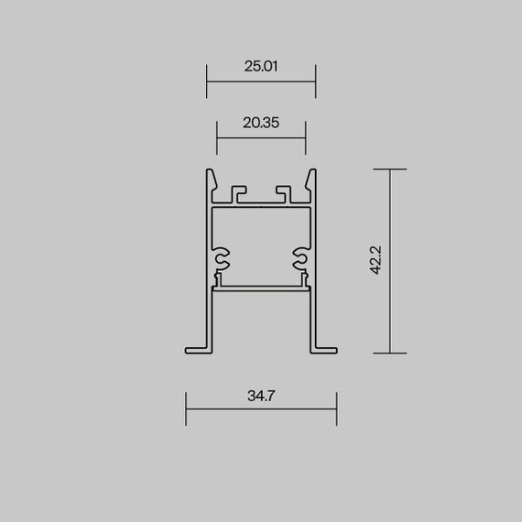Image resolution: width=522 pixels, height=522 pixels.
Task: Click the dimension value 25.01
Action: (x=261, y=66)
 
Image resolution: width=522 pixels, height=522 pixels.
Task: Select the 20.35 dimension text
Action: (x=261, y=122)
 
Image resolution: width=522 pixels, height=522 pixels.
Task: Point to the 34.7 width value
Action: (x=261, y=397)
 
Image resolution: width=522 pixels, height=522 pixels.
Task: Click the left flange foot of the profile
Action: (x=197, y=349)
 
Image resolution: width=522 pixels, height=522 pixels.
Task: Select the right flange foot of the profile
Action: (x=325, y=349)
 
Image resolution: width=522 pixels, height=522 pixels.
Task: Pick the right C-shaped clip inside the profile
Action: (x=300, y=259)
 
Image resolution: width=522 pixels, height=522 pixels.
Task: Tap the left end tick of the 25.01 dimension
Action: (x=206, y=81)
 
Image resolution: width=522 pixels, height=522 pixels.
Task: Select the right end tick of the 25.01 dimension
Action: (x=316, y=81)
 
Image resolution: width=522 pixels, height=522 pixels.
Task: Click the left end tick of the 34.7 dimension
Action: (x=186, y=408)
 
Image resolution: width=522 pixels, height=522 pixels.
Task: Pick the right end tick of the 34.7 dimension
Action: (x=337, y=408)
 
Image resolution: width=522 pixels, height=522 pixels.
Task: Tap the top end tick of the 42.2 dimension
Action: (x=391, y=169)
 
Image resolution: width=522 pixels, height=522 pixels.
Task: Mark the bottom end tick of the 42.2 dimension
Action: (x=391, y=353)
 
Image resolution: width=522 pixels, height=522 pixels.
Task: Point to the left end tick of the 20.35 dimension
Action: (x=216, y=137)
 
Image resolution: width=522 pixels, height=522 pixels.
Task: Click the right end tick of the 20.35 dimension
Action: (x=306, y=137)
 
